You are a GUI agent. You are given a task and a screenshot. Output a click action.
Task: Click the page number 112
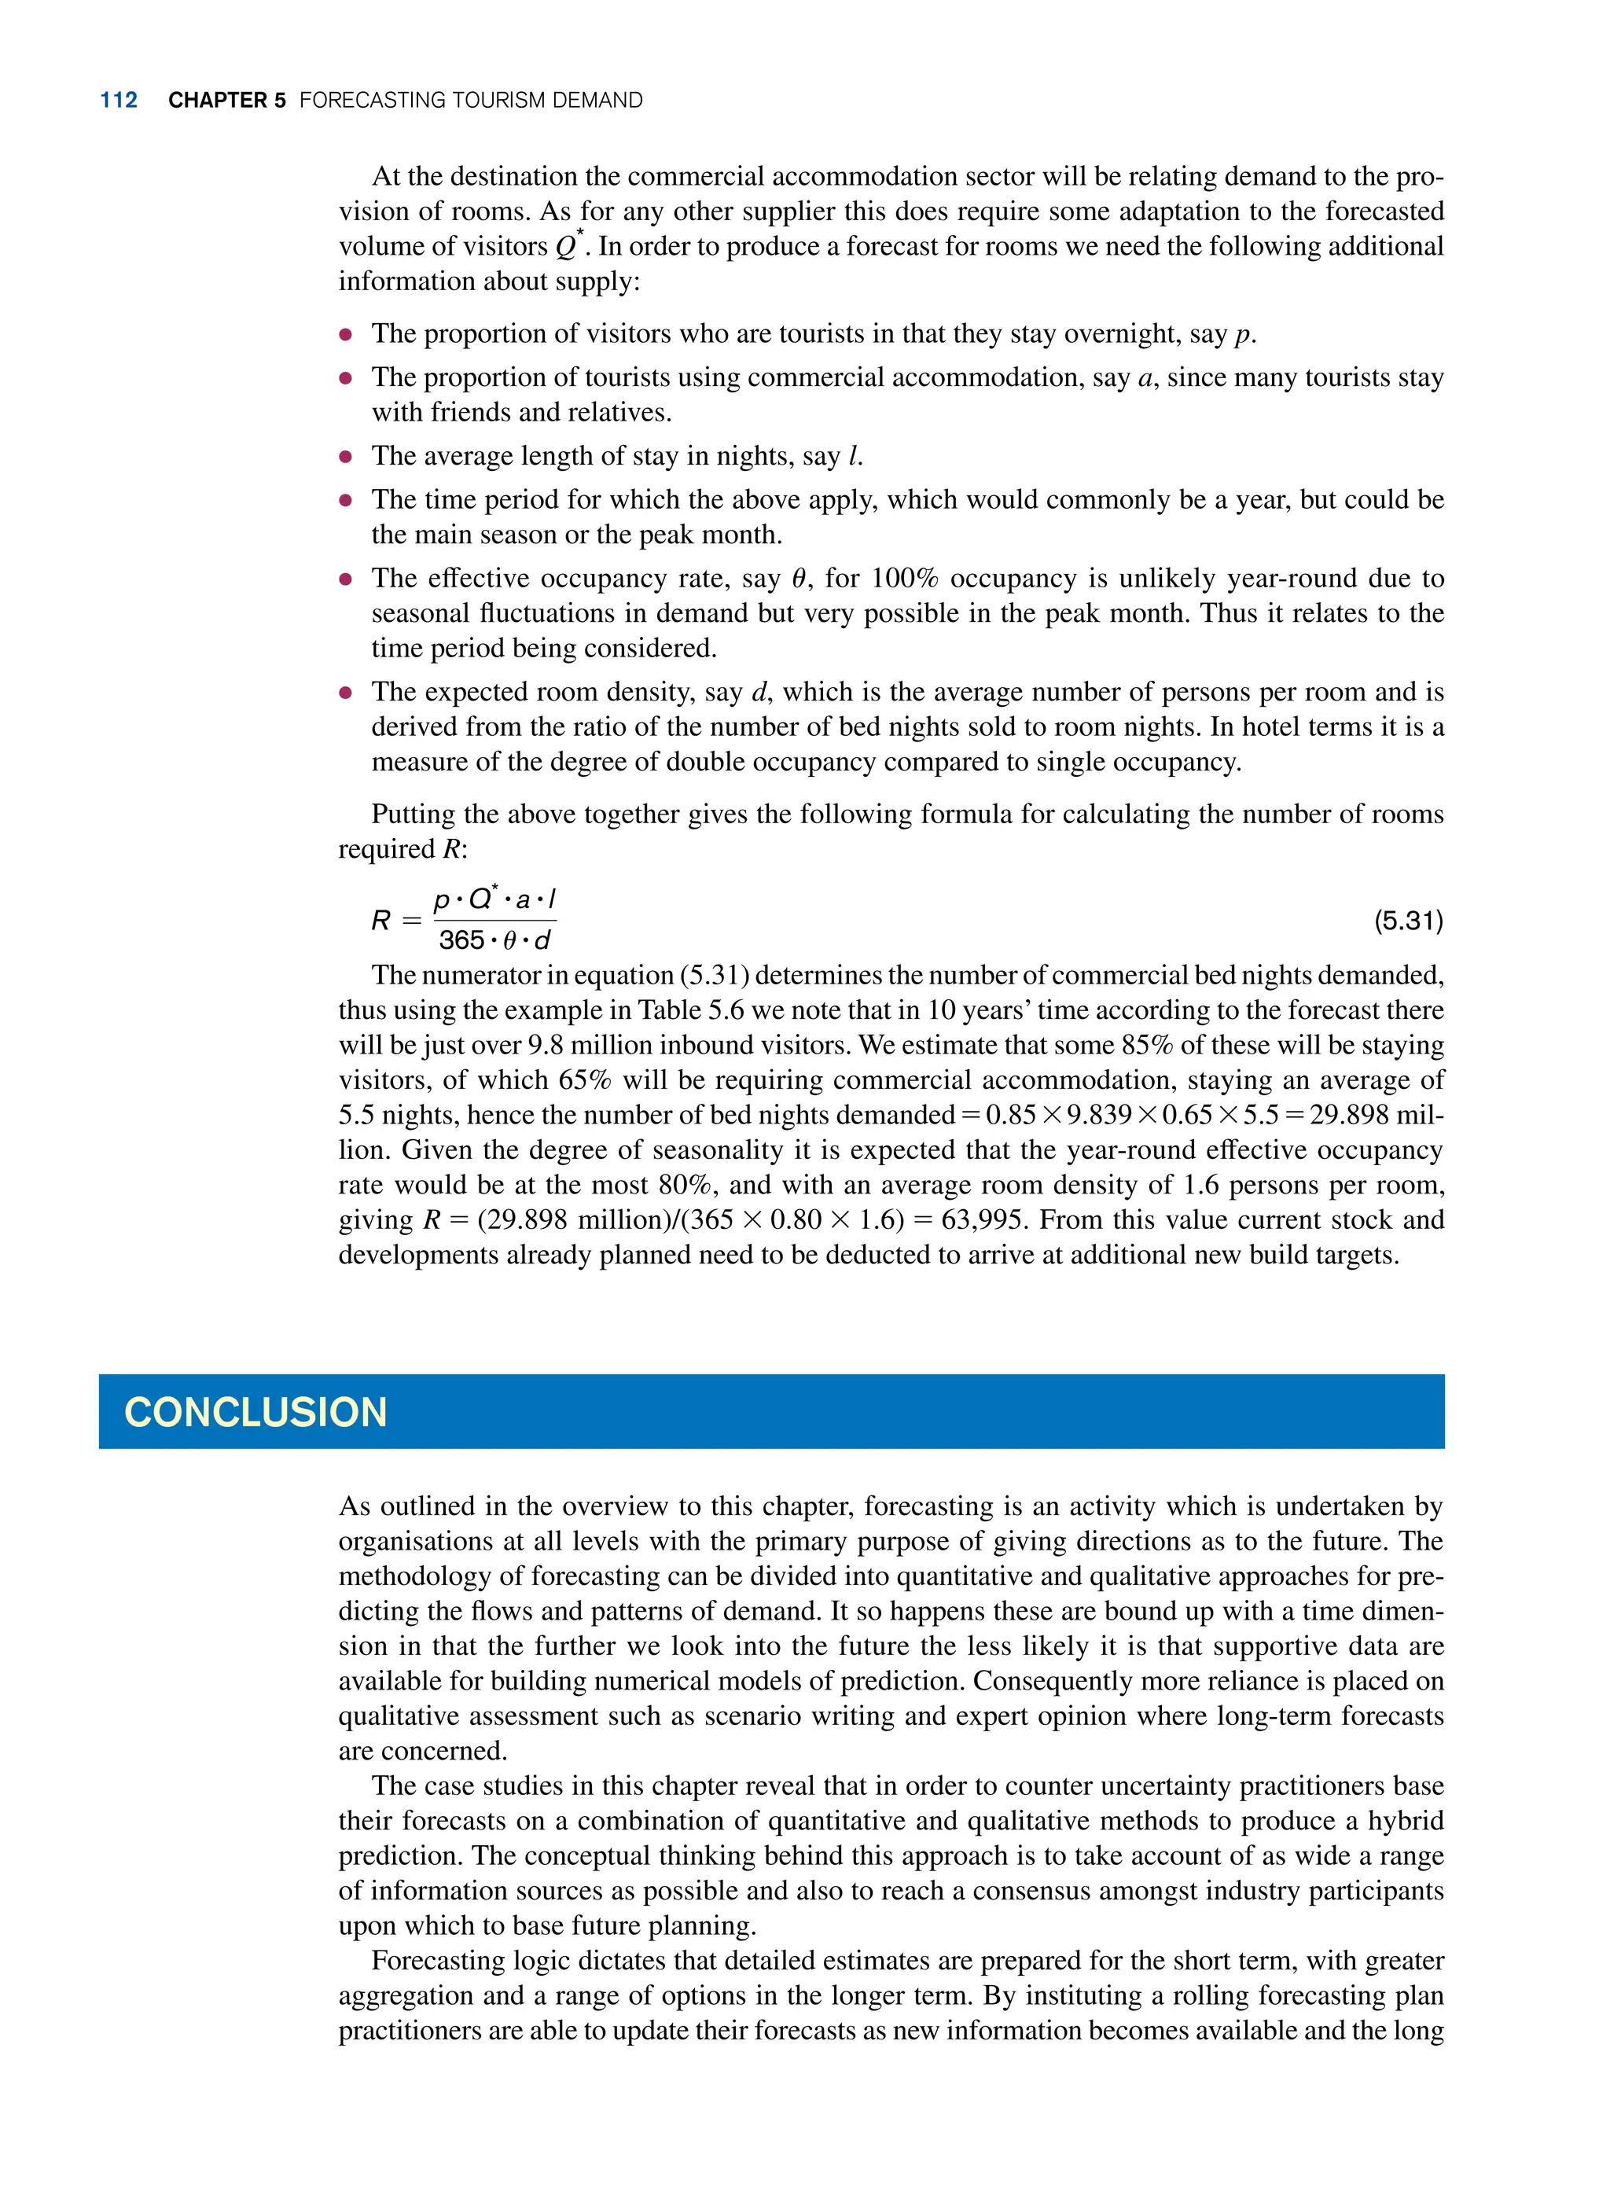118,101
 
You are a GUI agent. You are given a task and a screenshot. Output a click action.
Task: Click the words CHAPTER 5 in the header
226,101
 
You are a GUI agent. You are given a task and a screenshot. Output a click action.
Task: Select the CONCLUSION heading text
255,1412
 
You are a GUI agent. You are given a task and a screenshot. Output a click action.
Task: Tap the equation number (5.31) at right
1407,920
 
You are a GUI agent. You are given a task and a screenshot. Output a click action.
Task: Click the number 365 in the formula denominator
461,940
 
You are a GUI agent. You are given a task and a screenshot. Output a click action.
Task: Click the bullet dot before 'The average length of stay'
345,457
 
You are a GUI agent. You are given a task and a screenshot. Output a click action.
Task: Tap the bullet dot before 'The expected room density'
345,693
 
